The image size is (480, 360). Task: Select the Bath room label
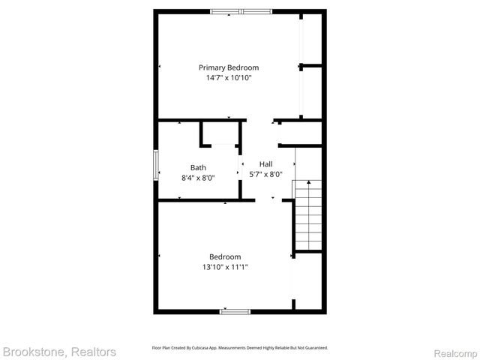(198, 167)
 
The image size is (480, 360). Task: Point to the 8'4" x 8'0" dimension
(198, 178)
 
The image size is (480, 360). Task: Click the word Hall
(265, 163)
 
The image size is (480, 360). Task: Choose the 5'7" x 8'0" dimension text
(265, 174)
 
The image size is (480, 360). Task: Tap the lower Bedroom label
(225, 256)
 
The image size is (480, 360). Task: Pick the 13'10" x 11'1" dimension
(225, 267)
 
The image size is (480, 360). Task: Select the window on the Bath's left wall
(156, 165)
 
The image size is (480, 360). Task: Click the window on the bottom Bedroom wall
(235, 310)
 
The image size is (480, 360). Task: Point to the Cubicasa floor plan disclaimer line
(240, 348)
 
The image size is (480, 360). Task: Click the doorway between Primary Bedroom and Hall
(259, 121)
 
